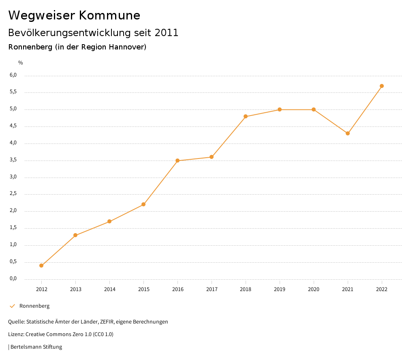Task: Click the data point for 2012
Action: tap(41, 266)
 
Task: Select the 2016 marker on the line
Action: tap(178, 161)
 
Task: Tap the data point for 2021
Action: tap(348, 133)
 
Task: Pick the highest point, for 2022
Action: tap(382, 86)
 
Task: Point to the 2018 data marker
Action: tap(246, 116)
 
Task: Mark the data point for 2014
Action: tap(109, 221)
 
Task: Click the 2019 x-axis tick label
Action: tap(280, 289)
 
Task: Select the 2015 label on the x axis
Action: tap(143, 289)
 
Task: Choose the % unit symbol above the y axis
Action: tap(21, 62)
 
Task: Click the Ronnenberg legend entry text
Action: tap(34, 306)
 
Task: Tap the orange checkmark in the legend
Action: tap(12, 306)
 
